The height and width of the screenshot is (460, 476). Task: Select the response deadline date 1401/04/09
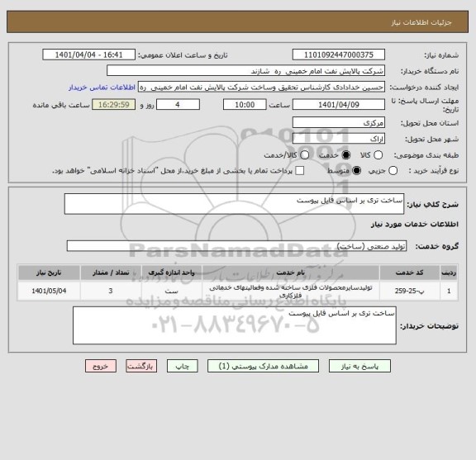coord(340,105)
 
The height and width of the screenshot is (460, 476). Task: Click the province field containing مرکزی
coord(339,122)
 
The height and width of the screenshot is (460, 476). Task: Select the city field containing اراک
coord(339,139)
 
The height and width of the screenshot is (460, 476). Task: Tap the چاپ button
coord(186,364)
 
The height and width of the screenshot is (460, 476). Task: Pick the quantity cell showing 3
coord(111,291)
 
